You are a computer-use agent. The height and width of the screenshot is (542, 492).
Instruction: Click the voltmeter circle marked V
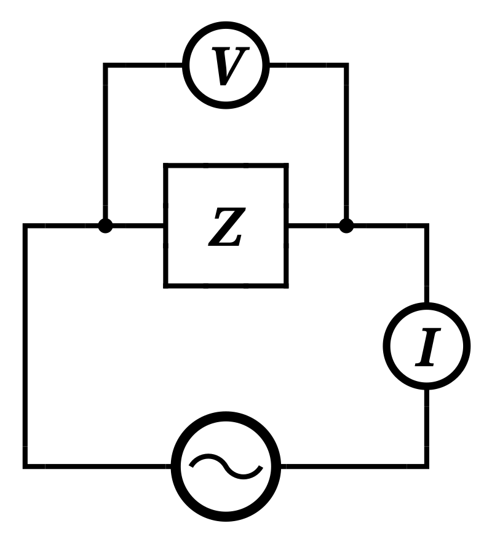click(x=226, y=65)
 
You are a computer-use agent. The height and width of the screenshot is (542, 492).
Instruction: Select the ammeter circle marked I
click(x=426, y=346)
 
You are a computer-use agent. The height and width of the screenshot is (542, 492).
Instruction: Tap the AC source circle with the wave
click(x=226, y=466)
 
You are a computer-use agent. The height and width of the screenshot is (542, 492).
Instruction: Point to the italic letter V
click(x=228, y=66)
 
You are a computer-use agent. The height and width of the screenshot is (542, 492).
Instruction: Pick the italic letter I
click(x=427, y=348)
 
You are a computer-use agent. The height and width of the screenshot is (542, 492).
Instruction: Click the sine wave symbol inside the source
click(x=226, y=466)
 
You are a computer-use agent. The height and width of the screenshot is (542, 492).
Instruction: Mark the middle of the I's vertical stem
click(x=427, y=348)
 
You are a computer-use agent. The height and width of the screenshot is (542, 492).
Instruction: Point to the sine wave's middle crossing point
click(x=226, y=466)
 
